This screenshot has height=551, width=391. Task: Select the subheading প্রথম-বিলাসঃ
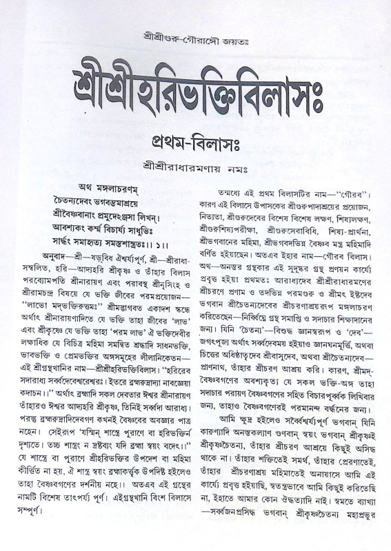195,144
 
